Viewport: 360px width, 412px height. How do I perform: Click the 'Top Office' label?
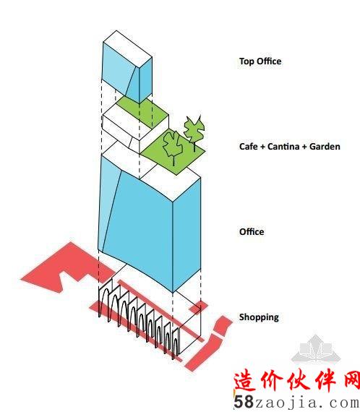point(260,61)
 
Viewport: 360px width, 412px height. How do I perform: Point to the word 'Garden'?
point(325,146)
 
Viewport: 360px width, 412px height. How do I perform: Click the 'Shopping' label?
point(259,317)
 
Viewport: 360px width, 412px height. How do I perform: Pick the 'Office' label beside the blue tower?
point(252,232)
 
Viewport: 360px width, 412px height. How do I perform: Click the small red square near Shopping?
point(199,307)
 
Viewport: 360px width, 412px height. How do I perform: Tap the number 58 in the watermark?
point(244,402)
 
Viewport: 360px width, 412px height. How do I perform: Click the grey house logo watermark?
point(316,348)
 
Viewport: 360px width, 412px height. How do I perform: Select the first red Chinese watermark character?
point(245,380)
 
